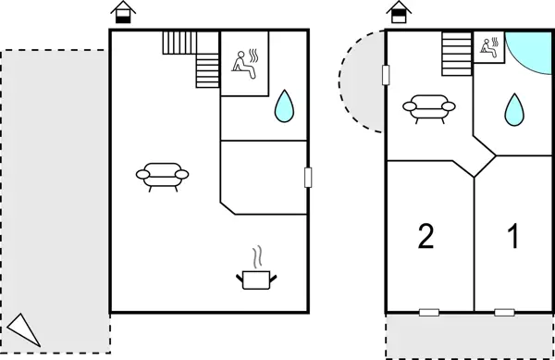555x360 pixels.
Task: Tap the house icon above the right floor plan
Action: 398,13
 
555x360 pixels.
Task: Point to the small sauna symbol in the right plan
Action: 487,48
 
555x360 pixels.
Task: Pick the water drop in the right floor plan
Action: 513,110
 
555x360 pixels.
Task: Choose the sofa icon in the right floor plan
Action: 428,109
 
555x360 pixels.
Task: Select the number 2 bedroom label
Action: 425,237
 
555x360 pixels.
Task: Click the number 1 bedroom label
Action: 512,237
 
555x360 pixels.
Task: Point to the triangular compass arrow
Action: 24,329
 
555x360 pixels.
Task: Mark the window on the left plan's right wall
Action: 307,177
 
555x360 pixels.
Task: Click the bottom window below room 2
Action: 428,312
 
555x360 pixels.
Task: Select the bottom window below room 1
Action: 504,312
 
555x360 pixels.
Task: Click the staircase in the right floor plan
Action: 456,54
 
